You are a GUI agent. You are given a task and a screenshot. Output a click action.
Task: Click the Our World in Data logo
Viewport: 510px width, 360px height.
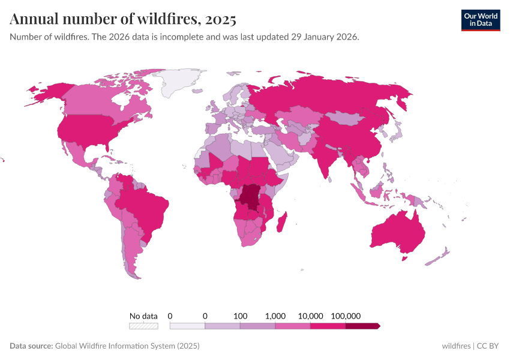480,20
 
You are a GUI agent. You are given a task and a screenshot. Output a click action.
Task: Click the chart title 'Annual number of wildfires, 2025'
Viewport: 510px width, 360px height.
123,19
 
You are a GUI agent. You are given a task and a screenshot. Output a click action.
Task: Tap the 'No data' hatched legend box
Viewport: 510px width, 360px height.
143,326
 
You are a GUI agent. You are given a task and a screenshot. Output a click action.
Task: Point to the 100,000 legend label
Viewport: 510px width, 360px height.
345,316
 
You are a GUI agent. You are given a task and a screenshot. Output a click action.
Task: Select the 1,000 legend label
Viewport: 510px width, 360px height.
275,316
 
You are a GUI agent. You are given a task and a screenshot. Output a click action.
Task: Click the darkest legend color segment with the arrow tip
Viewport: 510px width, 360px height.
362,326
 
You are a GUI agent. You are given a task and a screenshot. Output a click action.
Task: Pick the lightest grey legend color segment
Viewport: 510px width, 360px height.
187,326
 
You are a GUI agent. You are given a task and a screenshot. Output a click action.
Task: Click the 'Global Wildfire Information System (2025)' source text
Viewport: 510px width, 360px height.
127,346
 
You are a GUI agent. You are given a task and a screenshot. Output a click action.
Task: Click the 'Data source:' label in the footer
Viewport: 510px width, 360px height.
31,346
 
